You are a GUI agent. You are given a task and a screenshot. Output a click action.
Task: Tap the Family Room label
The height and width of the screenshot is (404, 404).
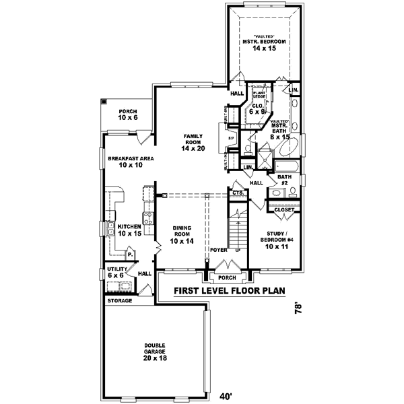[x=193, y=142]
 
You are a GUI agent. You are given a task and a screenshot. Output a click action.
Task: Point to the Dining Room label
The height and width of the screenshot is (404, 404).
[x=182, y=234]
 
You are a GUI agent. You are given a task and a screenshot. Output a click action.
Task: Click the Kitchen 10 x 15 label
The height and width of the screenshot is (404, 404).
[x=129, y=230]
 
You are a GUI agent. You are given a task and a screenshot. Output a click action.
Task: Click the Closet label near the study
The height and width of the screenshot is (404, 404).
[x=283, y=210]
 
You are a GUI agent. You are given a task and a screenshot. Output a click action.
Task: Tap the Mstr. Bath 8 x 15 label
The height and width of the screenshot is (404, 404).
[x=280, y=129]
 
